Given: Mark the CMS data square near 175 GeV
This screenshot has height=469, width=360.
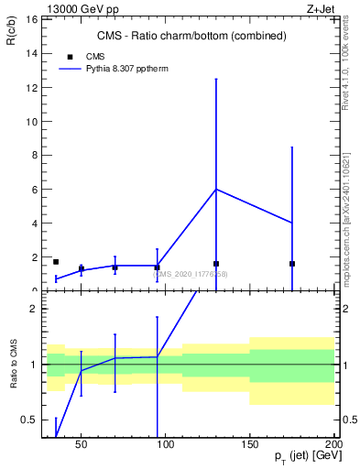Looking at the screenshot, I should click(292, 264).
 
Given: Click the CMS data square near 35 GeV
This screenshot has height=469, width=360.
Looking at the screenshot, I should click(56, 262).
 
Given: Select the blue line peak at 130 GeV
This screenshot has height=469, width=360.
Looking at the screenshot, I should click(216, 189).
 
